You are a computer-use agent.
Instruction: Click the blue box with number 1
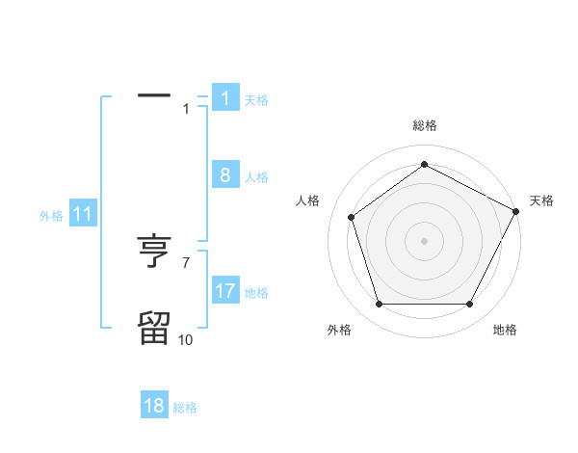pyautogui.click(x=224, y=98)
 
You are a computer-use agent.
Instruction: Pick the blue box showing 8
pyautogui.click(x=224, y=175)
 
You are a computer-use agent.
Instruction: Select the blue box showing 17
pyautogui.click(x=224, y=291)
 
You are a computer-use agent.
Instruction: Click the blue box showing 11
pyautogui.click(x=82, y=215)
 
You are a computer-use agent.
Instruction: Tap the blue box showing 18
pyautogui.click(x=154, y=406)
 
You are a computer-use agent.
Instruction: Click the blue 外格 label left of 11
pyautogui.click(x=51, y=216)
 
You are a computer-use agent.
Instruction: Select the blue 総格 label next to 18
pyautogui.click(x=185, y=408)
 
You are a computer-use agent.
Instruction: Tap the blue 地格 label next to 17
pyautogui.click(x=256, y=293)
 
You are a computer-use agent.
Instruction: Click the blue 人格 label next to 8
pyautogui.click(x=256, y=177)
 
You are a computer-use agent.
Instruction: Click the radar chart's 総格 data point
pyautogui.click(x=424, y=165)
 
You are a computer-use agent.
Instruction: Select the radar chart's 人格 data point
pyautogui.click(x=351, y=217)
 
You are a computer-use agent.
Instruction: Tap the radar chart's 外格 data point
pyautogui.click(x=379, y=305)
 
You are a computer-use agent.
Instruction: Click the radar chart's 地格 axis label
pyautogui.click(x=505, y=330)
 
